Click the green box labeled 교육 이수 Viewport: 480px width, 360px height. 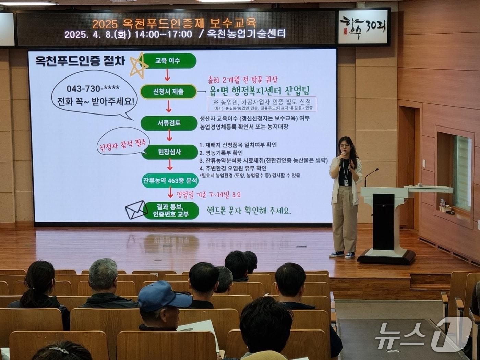tap(168, 61)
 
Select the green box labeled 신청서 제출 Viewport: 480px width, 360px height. tap(168, 92)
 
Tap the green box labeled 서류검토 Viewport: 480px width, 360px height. tap(169, 123)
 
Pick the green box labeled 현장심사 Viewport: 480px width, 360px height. tap(169, 152)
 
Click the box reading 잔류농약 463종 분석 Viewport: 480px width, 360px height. tap(170, 180)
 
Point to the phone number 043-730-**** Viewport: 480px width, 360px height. tap(93, 88)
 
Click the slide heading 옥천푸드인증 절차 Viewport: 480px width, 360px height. tap(80, 61)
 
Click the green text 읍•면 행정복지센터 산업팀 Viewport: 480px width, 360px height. tap(260, 91)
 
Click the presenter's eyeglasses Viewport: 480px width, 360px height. tap(345, 146)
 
